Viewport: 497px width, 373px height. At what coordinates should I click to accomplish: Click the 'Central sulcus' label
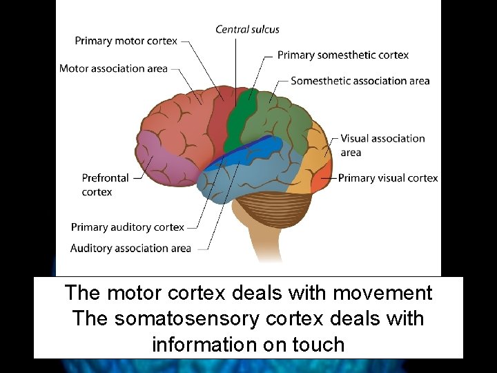pyautogui.click(x=247, y=29)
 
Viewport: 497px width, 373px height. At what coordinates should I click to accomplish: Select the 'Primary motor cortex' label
pyautogui.click(x=126, y=41)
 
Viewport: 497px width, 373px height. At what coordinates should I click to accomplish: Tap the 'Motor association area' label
pyautogui.click(x=113, y=68)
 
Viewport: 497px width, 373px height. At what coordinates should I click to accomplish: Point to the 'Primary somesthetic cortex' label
pyautogui.click(x=343, y=55)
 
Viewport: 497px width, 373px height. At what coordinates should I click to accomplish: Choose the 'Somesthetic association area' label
pyautogui.click(x=360, y=81)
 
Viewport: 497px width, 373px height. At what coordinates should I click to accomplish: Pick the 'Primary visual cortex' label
pyautogui.click(x=388, y=178)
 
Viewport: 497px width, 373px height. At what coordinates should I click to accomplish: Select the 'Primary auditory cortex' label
pyautogui.click(x=128, y=227)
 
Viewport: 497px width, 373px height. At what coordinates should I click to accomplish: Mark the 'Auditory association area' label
pyautogui.click(x=130, y=248)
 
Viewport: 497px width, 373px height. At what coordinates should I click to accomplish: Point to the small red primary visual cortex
pyautogui.click(x=320, y=182)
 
